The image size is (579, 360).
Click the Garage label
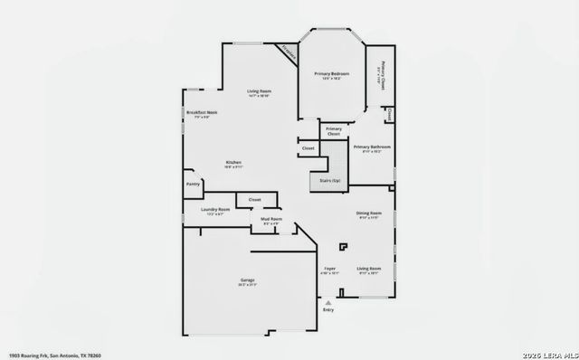tap(247, 281)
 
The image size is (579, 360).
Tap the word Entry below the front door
tap(327, 310)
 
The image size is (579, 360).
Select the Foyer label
tap(330, 269)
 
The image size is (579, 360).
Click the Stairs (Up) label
tap(329, 181)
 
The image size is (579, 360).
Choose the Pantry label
tap(193, 184)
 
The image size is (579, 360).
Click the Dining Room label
tap(368, 213)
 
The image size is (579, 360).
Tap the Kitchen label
tap(233, 163)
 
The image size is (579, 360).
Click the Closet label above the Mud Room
tap(254, 198)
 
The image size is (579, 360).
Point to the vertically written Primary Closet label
tap(382, 72)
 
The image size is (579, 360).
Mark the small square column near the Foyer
tap(342, 245)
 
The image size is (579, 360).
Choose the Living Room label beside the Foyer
tap(368, 269)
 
